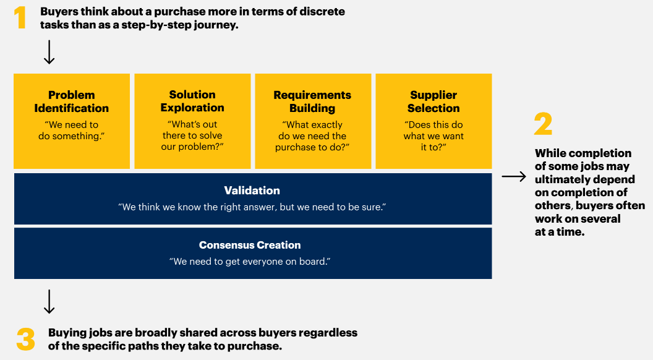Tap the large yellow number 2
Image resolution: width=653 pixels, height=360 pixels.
point(543,124)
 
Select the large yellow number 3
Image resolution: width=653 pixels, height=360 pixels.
point(26,339)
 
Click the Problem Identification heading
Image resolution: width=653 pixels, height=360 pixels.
point(72,101)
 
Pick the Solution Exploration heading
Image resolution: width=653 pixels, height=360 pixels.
point(192,101)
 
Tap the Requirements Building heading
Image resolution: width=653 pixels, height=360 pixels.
point(312,101)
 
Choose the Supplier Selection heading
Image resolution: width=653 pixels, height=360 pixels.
point(433,101)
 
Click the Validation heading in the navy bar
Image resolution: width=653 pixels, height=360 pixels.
point(252,191)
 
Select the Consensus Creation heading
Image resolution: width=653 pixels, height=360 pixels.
point(250,245)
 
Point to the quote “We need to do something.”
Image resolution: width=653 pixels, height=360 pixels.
point(72,131)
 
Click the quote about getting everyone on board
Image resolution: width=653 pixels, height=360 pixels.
point(250,262)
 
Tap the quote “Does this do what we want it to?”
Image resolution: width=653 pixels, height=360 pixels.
point(433,136)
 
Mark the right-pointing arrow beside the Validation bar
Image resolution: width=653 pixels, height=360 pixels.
point(514,177)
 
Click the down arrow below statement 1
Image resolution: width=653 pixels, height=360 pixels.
point(49,52)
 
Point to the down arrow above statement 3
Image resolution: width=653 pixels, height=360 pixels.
point(49,301)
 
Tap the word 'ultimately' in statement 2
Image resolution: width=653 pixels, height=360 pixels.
point(558,179)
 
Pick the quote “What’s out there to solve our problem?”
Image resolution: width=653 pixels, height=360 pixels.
point(192,135)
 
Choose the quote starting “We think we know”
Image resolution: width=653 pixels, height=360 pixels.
point(252,207)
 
